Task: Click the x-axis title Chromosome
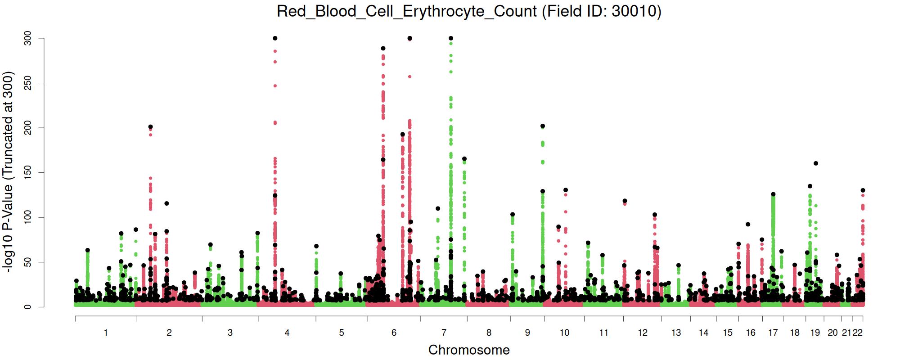tap(469, 350)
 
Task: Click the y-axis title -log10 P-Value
tap(9, 171)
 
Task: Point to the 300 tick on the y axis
tap(28, 38)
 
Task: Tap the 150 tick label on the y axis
tap(28, 172)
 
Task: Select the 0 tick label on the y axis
tap(28, 307)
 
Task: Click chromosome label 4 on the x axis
tap(287, 333)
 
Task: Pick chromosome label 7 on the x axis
tap(444, 333)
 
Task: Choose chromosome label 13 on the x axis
tap(676, 333)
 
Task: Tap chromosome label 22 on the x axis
tap(858, 333)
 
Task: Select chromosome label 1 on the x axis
tap(106, 333)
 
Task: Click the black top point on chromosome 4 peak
tap(275, 38)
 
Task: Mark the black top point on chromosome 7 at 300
tap(451, 38)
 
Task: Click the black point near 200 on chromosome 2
tap(151, 127)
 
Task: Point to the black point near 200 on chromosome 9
tap(543, 126)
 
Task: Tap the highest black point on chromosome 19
tap(816, 163)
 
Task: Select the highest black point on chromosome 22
tap(863, 190)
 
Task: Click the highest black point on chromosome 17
tap(773, 194)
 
